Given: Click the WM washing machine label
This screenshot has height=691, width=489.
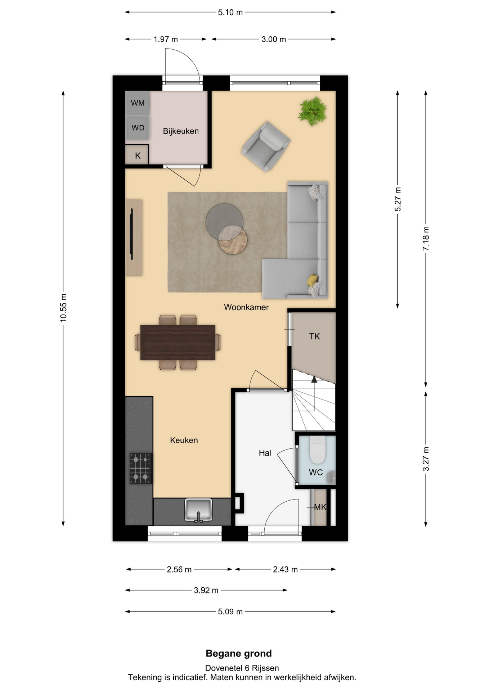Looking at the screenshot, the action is (x=138, y=103).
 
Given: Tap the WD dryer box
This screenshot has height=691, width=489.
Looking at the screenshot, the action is (x=137, y=128).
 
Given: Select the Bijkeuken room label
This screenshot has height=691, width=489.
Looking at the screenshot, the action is (x=181, y=131).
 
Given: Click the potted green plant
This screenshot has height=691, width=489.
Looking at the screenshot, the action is (x=312, y=111).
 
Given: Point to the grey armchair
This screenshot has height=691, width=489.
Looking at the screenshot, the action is (x=266, y=146).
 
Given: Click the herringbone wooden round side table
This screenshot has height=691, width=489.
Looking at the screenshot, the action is (x=233, y=240).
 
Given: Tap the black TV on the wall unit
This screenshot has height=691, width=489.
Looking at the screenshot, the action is (x=131, y=234).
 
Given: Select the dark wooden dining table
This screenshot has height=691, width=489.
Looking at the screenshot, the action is (x=178, y=342).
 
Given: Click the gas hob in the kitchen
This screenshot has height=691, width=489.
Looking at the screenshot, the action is (x=141, y=468).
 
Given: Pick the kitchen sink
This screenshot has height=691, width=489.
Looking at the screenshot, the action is (x=198, y=510).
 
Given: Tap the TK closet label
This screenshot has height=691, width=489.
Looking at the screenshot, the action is (x=314, y=336).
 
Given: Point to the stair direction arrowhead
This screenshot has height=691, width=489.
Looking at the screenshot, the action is (x=314, y=379).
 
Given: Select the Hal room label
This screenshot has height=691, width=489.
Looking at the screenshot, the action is (x=265, y=453).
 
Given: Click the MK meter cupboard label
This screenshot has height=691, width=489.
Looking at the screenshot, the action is (x=320, y=507).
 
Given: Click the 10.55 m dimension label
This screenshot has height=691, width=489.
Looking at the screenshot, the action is (x=63, y=308).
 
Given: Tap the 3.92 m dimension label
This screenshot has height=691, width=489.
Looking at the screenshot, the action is (x=206, y=590).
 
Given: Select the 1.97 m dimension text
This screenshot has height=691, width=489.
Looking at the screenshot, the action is (x=166, y=39).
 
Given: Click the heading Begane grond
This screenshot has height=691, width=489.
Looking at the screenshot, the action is (x=239, y=653).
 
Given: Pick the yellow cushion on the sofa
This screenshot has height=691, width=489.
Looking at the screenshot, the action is (x=313, y=280).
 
